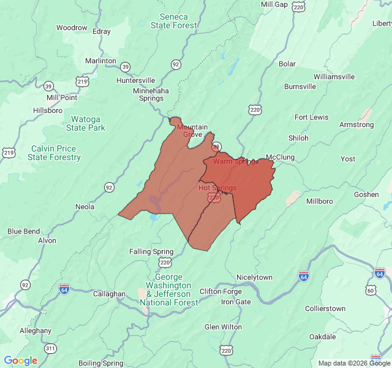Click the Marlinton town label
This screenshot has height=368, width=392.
[x=100, y=61]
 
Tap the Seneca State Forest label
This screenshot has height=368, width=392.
[x=174, y=21]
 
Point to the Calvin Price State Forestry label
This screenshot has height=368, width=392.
[x=54, y=153]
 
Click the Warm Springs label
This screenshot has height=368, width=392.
[x=236, y=161]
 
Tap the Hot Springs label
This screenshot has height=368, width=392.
[x=217, y=188]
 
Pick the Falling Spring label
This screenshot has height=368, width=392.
[x=151, y=251]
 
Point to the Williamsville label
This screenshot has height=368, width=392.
[x=334, y=77]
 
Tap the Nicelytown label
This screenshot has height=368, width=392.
[x=254, y=277]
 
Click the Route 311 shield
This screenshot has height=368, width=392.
[x=50, y=348]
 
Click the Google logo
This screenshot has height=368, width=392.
[x=21, y=361]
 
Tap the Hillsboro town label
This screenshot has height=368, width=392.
[x=47, y=110]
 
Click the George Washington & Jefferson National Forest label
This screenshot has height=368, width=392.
[x=168, y=289]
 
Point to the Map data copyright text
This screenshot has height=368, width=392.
[x=354, y=363]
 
